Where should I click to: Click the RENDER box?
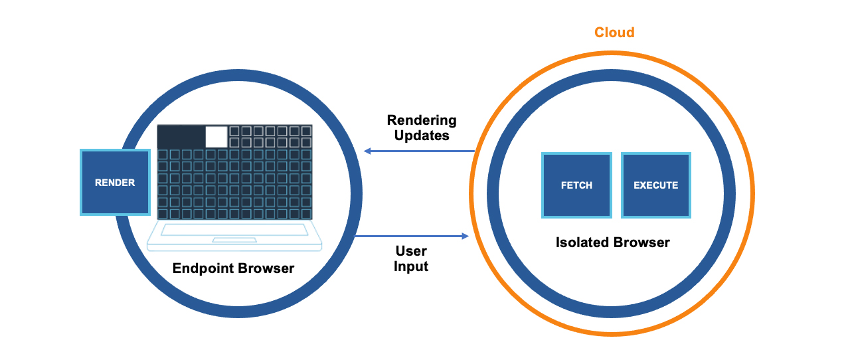pos(115,182)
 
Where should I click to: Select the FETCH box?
pos(576,185)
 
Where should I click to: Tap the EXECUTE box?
pos(655,185)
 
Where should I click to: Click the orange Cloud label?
pos(614,33)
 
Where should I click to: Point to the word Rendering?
pos(422,120)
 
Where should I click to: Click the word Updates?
pos(422,135)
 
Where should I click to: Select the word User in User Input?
pos(411,252)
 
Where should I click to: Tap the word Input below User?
pos(411,266)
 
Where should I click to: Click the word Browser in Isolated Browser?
pos(642,242)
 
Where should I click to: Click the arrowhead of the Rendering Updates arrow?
pos(367,151)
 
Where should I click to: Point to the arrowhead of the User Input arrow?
pos(465,236)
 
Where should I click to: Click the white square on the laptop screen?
pos(216,137)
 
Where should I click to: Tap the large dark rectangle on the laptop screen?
pos(181,137)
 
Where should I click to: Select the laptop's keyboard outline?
pos(234,230)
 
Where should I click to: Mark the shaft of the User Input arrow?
pos(408,236)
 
